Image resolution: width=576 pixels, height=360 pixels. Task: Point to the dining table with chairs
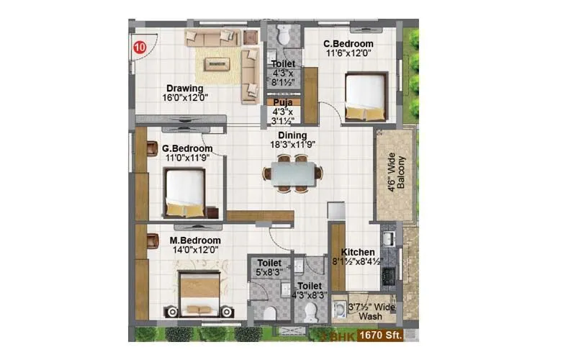point(292,174)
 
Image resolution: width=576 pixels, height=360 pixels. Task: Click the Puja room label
point(282,103)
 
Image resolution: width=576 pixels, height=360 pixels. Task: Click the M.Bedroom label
point(195,240)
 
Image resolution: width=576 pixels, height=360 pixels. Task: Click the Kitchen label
point(358,253)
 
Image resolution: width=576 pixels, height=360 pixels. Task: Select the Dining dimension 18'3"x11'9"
point(292,145)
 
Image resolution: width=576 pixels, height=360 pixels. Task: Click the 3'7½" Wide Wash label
point(372,310)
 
